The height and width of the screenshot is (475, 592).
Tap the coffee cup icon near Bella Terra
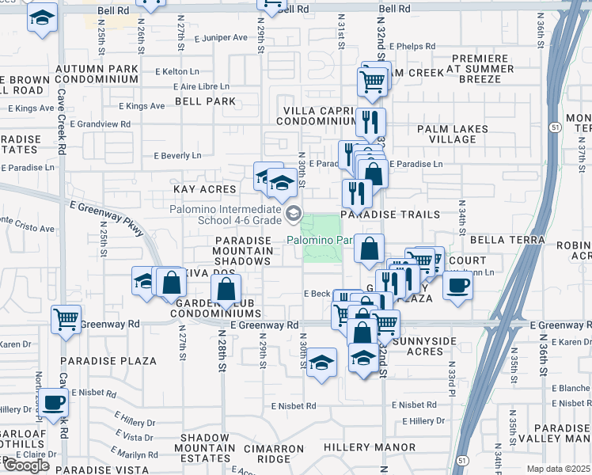457,285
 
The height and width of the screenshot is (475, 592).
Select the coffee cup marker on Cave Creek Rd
53,402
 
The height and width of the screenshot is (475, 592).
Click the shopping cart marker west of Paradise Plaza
66,319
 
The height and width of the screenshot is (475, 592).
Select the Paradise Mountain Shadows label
243,251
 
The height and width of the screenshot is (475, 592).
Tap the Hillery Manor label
369,448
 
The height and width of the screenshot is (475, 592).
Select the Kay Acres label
205,189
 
